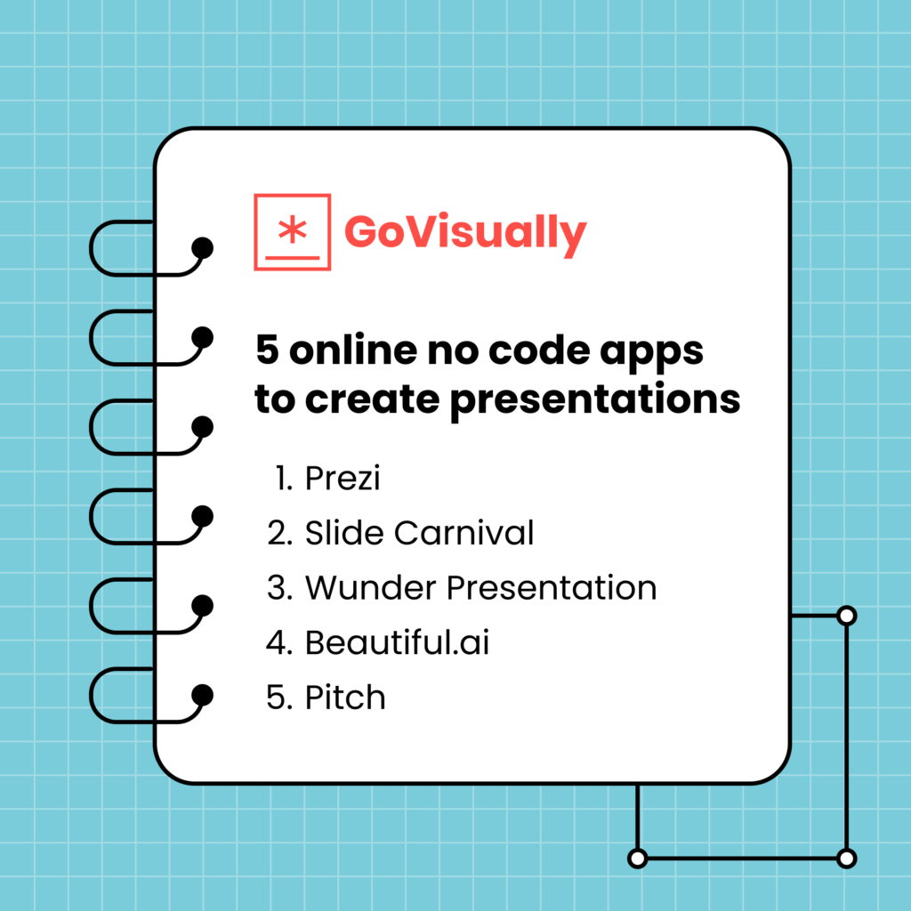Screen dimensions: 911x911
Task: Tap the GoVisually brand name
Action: pyautogui.click(x=465, y=232)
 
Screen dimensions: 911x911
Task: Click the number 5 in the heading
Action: pyautogui.click(x=267, y=350)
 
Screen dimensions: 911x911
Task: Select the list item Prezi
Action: pyautogui.click(x=343, y=480)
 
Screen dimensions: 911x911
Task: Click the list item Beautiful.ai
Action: pyautogui.click(x=397, y=642)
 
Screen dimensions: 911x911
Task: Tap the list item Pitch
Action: pyautogui.click(x=345, y=697)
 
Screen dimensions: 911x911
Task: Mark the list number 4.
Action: pyautogui.click(x=279, y=642)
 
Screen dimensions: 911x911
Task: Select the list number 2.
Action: pyautogui.click(x=278, y=534)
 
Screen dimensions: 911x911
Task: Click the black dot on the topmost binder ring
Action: pyautogui.click(x=203, y=248)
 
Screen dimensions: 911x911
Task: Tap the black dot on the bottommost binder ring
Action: pyautogui.click(x=203, y=694)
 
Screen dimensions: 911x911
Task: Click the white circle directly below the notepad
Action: pyautogui.click(x=637, y=859)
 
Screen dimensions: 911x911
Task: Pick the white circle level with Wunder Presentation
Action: pyautogui.click(x=847, y=615)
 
